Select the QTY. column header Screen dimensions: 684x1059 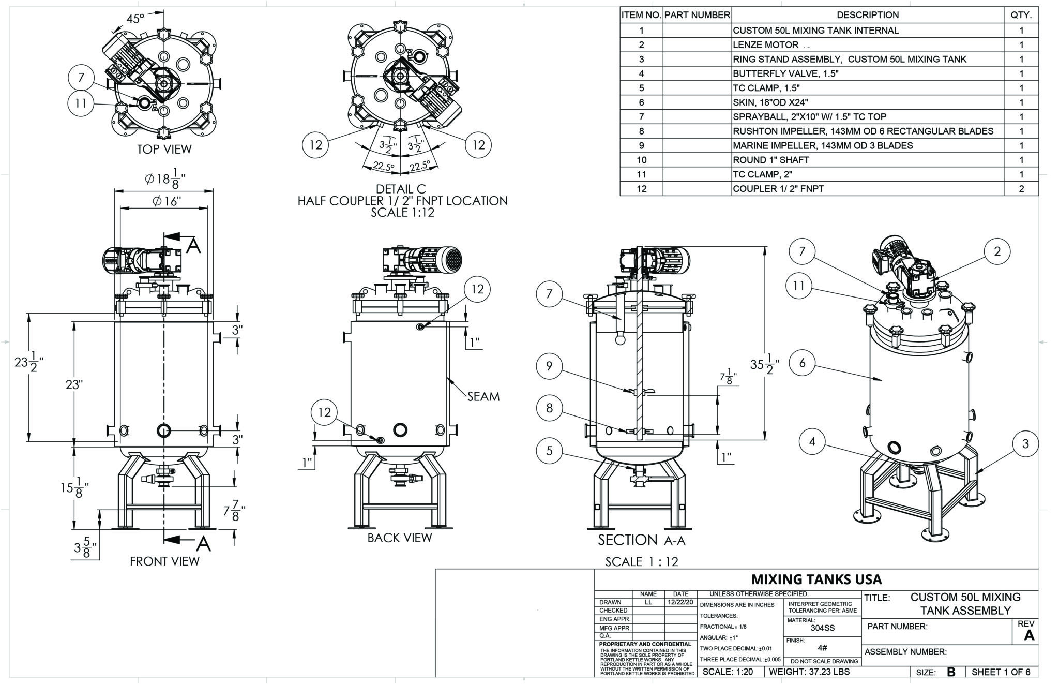click(x=1021, y=16)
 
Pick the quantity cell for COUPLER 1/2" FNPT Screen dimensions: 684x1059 click(x=1021, y=189)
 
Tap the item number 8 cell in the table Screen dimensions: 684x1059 click(x=641, y=131)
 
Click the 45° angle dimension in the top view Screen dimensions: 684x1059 click(x=135, y=19)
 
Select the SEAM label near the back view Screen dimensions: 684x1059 click(x=483, y=397)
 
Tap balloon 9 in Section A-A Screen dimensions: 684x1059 click(x=549, y=366)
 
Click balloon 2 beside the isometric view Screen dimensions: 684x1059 click(x=997, y=252)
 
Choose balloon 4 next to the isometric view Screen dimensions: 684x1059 click(x=812, y=442)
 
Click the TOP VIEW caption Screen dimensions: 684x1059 click(x=164, y=150)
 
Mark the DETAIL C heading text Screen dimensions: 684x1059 click(x=401, y=189)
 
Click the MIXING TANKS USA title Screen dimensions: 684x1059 click(x=816, y=579)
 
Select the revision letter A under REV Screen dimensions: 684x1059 click(x=1028, y=636)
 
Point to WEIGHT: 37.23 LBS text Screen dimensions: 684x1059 click(x=809, y=672)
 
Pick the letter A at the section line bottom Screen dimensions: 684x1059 click(x=204, y=544)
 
